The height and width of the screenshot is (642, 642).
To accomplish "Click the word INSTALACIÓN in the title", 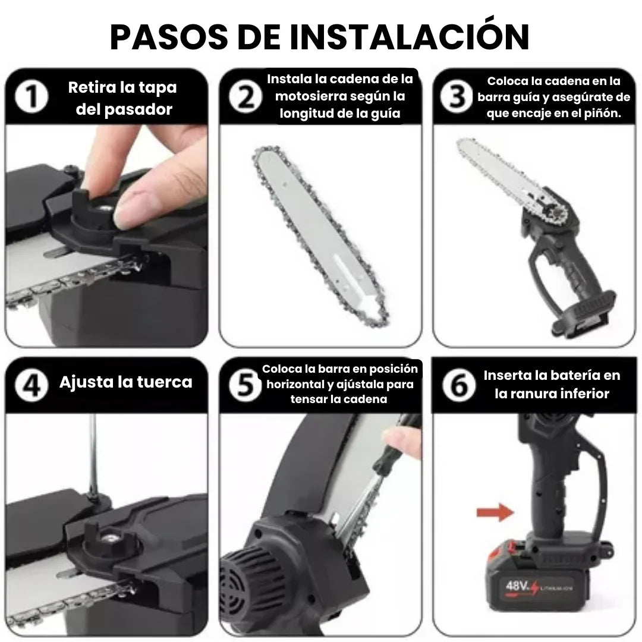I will pos(410,37).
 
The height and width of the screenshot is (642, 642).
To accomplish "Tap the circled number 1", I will pos(32,98).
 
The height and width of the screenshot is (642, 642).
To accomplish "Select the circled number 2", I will pos(244,98).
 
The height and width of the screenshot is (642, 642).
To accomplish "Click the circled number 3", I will pos(457,97).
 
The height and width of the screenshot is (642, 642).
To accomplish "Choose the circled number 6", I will pos(458,386).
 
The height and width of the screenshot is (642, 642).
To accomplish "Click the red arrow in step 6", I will pos(494,511).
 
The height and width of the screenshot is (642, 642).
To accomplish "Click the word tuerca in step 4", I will pos(162,382).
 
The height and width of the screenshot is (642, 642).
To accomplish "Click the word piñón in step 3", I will pos(603,114).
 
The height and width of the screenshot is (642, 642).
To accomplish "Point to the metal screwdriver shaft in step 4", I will pos(92,452).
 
